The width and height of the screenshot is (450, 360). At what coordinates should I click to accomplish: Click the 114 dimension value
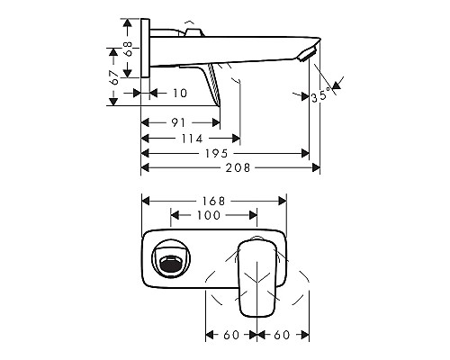click(190, 139)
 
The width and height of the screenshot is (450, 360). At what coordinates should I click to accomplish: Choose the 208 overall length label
click(237, 168)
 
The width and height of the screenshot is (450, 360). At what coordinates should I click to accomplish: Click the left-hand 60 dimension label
click(230, 335)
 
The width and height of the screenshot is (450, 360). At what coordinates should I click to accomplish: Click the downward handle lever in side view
click(214, 85)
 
